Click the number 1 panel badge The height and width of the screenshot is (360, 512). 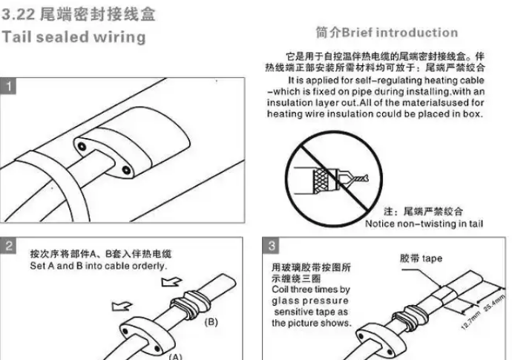coord(8,86)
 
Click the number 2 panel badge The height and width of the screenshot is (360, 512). coord(8,246)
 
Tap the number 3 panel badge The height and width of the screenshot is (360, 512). coord(271,246)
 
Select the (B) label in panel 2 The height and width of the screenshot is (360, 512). coord(211,322)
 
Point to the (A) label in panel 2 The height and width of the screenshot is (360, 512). coord(176,356)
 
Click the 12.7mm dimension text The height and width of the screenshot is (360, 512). coord(471,320)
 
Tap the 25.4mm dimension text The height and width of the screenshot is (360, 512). coord(494,303)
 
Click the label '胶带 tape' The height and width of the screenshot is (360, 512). coord(421,258)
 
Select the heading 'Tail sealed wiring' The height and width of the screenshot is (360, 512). coord(73,37)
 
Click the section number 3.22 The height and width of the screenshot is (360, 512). coord(19,14)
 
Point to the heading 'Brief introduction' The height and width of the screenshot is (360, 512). coord(400,33)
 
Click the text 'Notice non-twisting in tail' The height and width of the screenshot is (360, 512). coord(424,223)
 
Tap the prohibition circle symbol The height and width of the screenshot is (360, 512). coord(334,179)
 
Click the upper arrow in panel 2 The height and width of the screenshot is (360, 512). coord(171,281)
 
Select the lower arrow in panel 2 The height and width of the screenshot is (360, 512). coord(122,306)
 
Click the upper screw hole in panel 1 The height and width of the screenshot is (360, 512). coord(82,146)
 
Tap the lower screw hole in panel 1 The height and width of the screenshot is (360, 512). coord(126,170)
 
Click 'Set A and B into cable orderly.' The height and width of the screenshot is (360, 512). coord(98,266)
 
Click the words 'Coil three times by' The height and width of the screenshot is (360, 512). coord(311,289)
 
